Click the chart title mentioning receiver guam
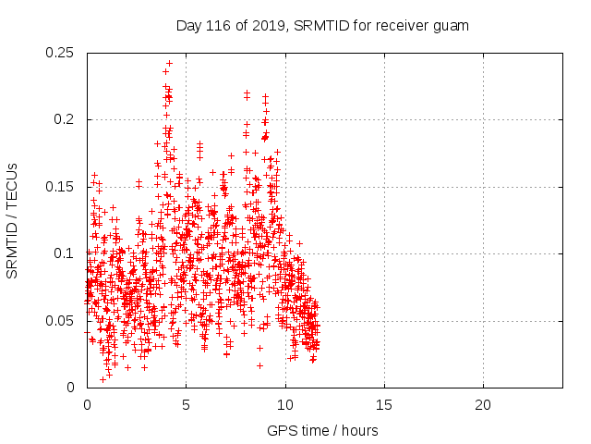point(322,26)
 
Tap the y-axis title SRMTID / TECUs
point(13,219)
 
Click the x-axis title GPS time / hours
point(322,430)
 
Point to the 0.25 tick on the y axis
point(63,53)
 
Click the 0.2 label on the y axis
point(66,119)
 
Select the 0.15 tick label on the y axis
point(63,187)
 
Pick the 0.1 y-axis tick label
point(66,253)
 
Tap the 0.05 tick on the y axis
point(63,320)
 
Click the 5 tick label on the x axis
point(186,405)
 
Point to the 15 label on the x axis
point(383,405)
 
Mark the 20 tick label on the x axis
point(482,405)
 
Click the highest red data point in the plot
point(169,64)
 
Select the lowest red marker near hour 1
point(103,379)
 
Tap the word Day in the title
point(188,26)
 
